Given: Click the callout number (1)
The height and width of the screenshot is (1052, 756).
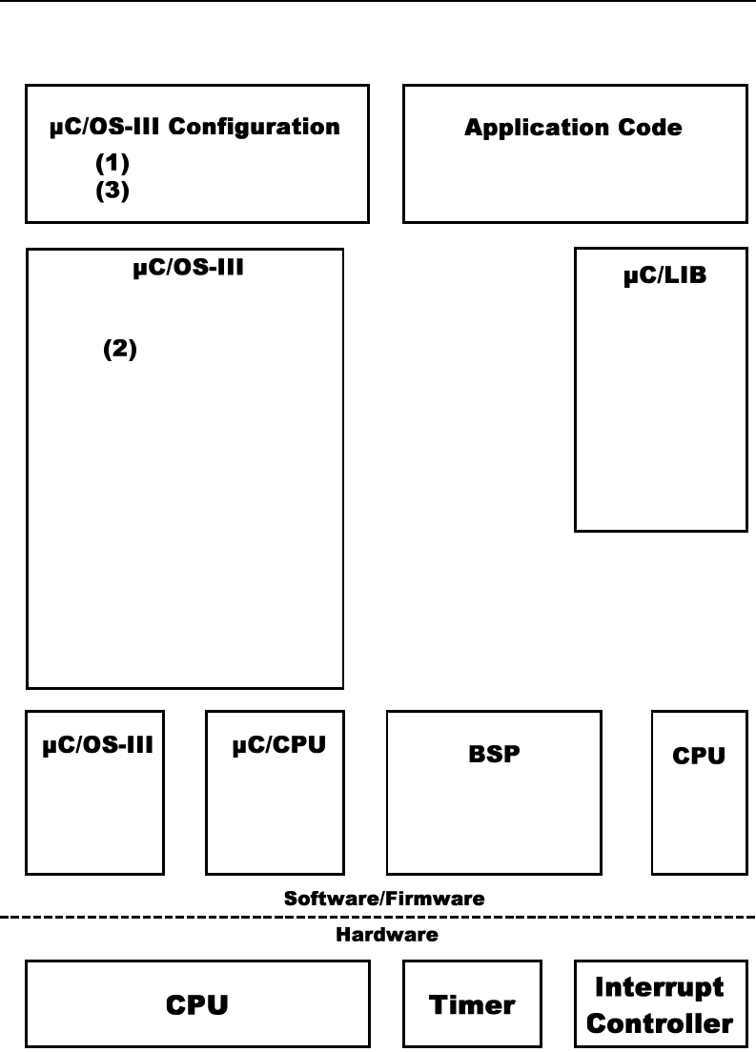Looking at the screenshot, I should [112, 163].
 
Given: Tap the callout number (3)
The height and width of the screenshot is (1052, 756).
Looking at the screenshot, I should [112, 191].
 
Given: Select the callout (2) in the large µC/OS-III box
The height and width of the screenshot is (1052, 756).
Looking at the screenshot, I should [120, 351].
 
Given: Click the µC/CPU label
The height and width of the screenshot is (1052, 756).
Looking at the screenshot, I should [279, 746].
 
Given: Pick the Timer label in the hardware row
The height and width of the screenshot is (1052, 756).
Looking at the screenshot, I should [472, 1004].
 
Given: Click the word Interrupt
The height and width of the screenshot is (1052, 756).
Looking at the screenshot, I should [660, 987].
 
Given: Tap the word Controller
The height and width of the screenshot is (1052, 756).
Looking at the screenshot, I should [660, 1024].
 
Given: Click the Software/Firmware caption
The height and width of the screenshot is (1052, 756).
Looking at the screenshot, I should [384, 899].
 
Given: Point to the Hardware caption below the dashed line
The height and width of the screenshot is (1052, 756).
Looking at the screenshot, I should [387, 936].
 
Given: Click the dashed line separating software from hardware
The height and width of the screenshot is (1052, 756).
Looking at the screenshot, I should [191, 918].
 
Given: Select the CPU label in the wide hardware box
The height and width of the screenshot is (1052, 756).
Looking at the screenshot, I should [197, 1004].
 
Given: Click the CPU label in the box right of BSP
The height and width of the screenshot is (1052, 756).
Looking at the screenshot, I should [699, 756].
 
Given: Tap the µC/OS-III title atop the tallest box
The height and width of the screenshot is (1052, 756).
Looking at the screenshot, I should [188, 269].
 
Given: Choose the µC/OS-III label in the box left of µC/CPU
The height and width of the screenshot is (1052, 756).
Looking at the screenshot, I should [97, 746].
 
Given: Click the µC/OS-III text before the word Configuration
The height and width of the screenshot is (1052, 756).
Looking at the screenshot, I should [106, 127].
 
